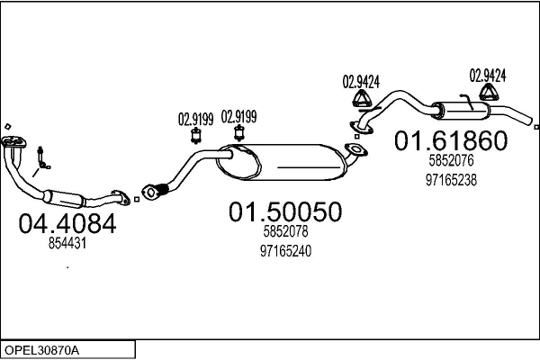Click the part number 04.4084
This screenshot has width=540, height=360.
(67, 223)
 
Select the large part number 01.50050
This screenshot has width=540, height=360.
(285, 211)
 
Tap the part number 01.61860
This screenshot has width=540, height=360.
(451, 140)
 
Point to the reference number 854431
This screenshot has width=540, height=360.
(67, 244)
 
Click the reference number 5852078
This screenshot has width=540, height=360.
(285, 231)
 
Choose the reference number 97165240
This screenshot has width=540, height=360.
(285, 251)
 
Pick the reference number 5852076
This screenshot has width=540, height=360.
(451, 160)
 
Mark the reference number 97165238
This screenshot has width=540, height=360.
(451, 180)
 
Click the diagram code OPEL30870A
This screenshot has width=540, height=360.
(41, 350)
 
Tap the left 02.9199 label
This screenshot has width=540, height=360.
(195, 119)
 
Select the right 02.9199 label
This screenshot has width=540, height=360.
(238, 117)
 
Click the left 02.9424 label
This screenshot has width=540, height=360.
(361, 82)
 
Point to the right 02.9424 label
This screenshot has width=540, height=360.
(488, 76)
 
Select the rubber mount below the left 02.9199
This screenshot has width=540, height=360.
(196, 135)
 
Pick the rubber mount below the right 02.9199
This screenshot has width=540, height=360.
(239, 133)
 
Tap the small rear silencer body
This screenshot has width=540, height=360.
(461, 111)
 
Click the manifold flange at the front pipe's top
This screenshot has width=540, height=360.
(13, 141)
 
